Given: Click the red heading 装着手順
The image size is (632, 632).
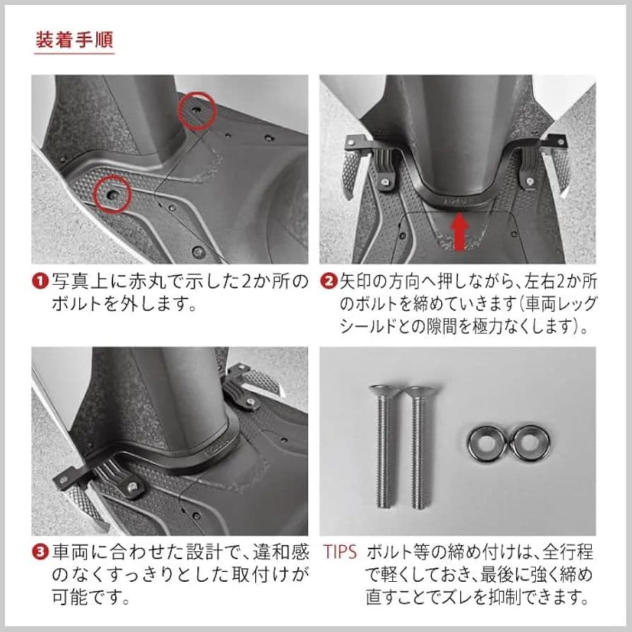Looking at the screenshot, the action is click(x=74, y=40).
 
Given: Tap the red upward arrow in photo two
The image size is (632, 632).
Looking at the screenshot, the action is click(x=459, y=231).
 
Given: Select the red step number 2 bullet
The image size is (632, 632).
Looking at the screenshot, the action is click(x=329, y=281).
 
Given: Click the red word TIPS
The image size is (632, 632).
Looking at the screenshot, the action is click(x=340, y=552).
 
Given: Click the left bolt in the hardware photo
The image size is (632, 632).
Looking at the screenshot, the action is click(x=386, y=445).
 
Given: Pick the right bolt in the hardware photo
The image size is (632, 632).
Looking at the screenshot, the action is click(x=419, y=447).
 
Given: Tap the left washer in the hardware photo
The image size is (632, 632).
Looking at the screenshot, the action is click(x=487, y=445).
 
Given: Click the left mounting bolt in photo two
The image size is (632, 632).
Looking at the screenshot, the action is click(x=386, y=182).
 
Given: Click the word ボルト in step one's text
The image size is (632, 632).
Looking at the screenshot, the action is click(x=76, y=303).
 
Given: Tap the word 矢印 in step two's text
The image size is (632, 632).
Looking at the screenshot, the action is click(x=355, y=281).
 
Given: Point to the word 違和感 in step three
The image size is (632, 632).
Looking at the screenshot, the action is click(x=281, y=552).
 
